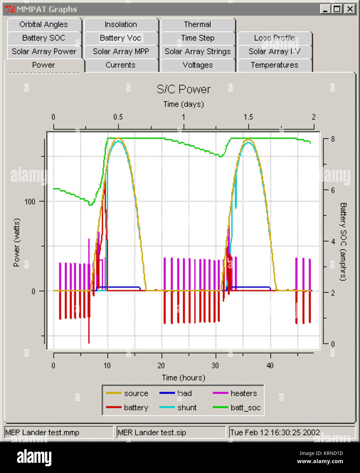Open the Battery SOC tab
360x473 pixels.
coord(44,38)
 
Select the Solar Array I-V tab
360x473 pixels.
coord(274,52)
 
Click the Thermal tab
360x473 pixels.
coord(198,25)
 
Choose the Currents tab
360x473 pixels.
coord(120,65)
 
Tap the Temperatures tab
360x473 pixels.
coord(274,65)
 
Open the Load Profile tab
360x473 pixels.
coord(274,38)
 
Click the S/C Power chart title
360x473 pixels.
coord(183,89)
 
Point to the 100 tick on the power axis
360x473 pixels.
coord(30,201)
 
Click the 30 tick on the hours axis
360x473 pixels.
coord(215,366)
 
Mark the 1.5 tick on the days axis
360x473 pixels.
coord(248,117)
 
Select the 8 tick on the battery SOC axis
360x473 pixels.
coord(333,139)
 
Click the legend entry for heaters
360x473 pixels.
coord(243,393)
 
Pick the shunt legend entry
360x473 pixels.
coord(187,408)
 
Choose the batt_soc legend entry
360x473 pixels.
coord(245,408)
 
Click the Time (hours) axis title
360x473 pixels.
coord(183,378)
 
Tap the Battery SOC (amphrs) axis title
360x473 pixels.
coord(343,242)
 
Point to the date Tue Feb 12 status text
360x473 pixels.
coord(275,433)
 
